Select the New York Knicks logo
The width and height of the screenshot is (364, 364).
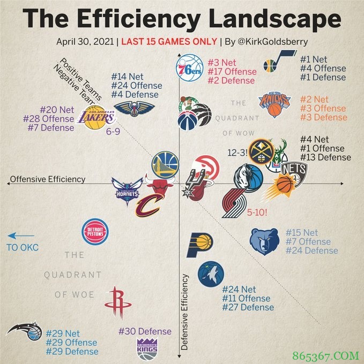(274, 104)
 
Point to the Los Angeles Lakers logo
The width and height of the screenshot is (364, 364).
(96, 117)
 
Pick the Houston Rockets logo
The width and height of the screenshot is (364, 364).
(118, 302)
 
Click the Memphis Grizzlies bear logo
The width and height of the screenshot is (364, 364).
(264, 241)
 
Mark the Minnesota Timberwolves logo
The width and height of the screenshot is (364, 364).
(210, 275)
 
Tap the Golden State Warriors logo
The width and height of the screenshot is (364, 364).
(165, 164)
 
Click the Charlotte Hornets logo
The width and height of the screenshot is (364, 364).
(127, 190)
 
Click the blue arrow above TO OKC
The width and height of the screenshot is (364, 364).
(21, 236)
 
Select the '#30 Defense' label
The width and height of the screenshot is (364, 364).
(145, 331)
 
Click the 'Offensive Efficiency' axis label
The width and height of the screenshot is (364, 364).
(48, 179)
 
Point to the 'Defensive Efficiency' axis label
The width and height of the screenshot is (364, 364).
(185, 312)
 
